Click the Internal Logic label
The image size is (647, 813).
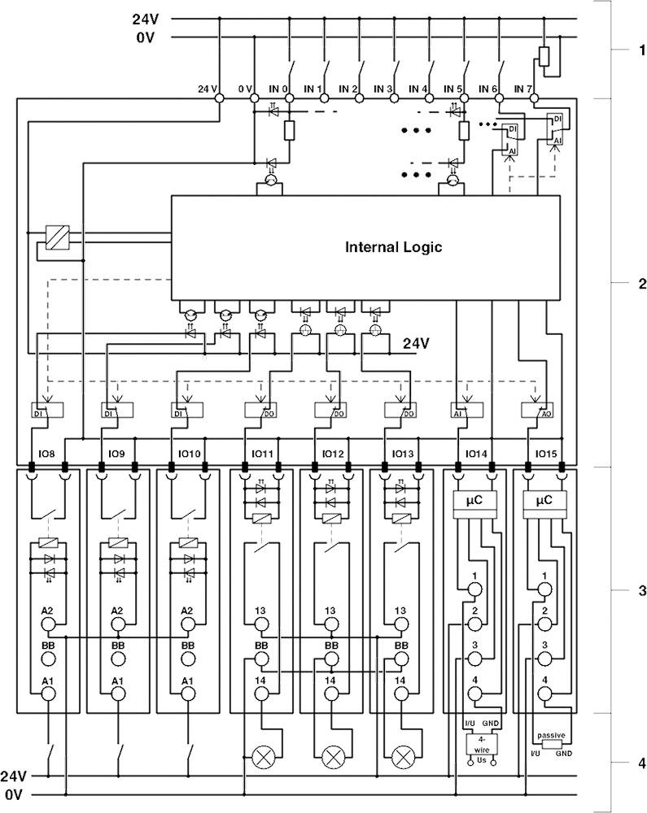pos(393,247)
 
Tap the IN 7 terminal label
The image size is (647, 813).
pos(523,88)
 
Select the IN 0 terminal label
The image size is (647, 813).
pos(280,88)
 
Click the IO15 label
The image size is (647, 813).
pos(545,454)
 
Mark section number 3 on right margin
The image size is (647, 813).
pos(641,591)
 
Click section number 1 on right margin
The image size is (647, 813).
pos(641,50)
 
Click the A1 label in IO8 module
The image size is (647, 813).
pos(48,680)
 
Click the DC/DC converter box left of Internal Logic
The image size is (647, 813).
pos(58,237)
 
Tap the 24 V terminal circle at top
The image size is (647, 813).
pos(219,98)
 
